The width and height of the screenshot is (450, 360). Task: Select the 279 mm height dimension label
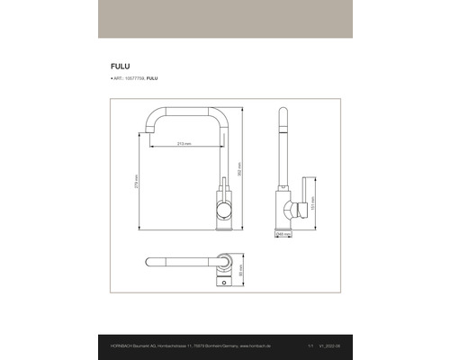136,181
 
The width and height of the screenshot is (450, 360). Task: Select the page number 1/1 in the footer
310,346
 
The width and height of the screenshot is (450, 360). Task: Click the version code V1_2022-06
330,346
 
